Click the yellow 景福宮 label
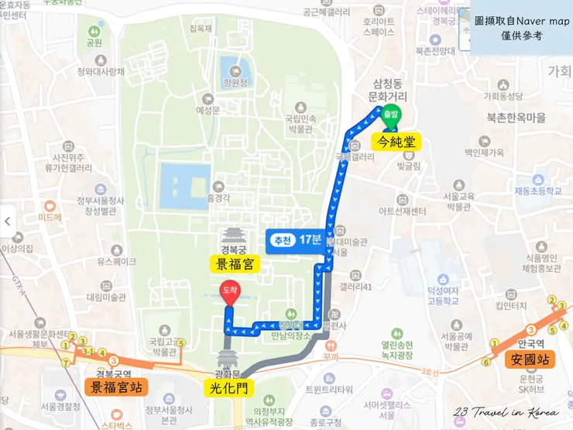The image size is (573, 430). click(x=235, y=264)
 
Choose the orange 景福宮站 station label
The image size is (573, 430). click(x=117, y=387)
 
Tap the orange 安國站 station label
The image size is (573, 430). click(x=530, y=359)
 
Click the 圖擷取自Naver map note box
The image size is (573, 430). click(x=520, y=29)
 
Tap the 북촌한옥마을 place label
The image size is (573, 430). click(x=516, y=118)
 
